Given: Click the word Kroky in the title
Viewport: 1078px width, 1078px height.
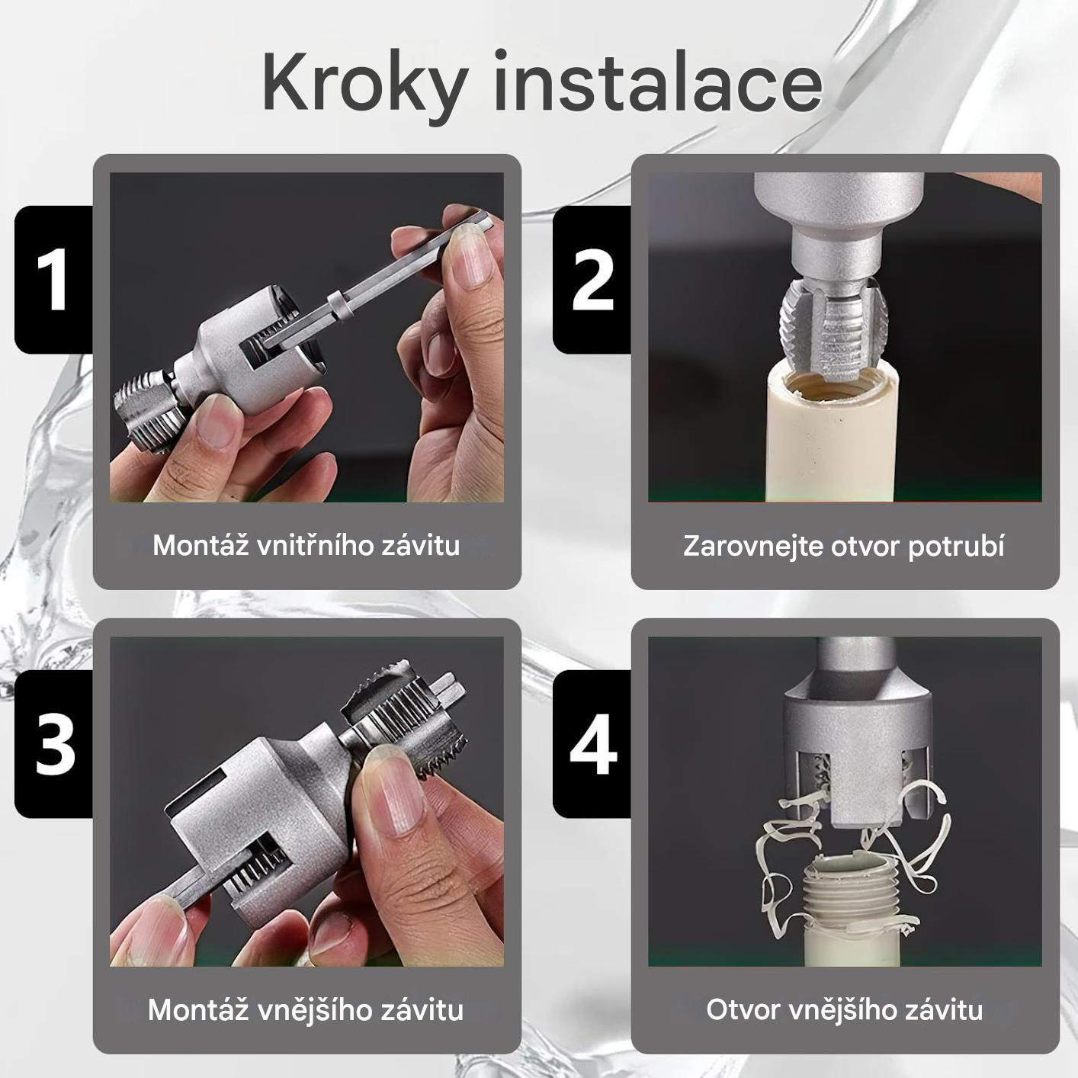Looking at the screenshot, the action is pos(364,84).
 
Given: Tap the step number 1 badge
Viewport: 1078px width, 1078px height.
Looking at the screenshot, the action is pos(53,279).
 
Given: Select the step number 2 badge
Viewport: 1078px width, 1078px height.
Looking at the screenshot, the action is pos(592,279).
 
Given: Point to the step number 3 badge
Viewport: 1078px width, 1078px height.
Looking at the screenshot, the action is pos(53,743).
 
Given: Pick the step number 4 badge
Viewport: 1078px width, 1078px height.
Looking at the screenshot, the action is pos(592,743).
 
